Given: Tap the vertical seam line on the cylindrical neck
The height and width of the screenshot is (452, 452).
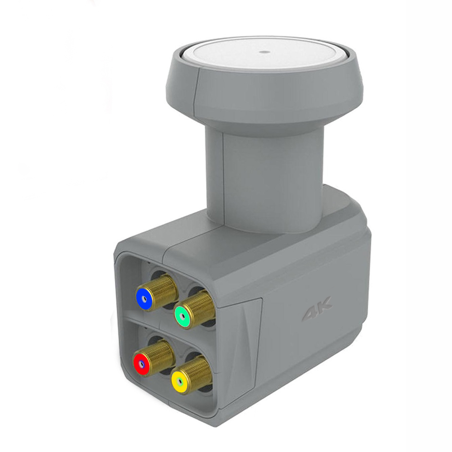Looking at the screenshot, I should pyautogui.click(x=223, y=177).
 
